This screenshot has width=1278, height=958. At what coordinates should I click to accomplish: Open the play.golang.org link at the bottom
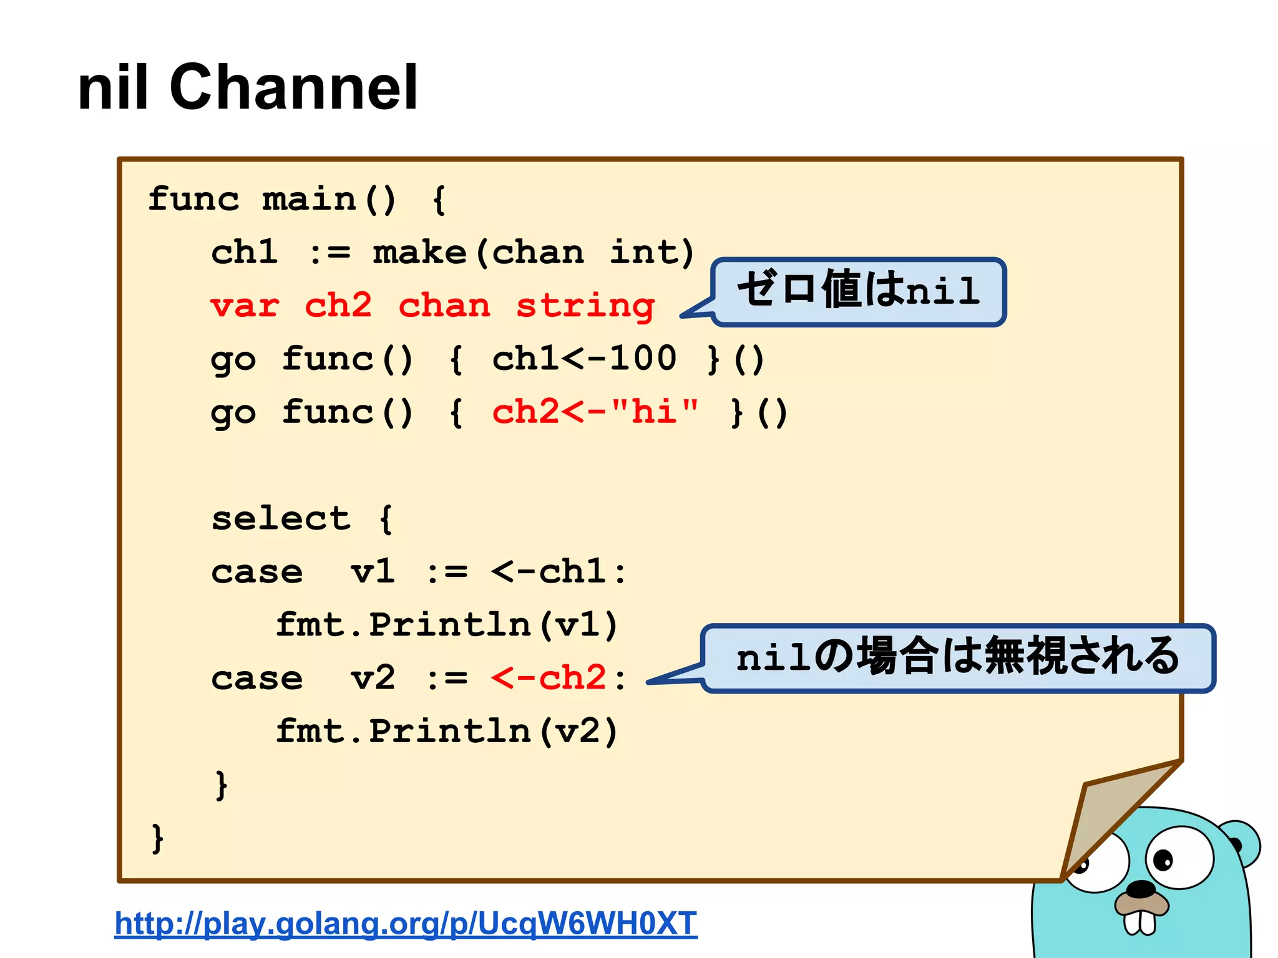pyautogui.click(x=406, y=923)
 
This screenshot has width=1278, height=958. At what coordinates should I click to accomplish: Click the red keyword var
pyautogui.click(x=244, y=306)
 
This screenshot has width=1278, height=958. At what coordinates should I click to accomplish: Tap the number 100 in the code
pyautogui.click(x=643, y=359)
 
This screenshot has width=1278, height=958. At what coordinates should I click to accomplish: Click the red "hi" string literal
pyautogui.click(x=655, y=412)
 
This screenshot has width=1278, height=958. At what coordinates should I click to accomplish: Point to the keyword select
pyautogui.click(x=281, y=518)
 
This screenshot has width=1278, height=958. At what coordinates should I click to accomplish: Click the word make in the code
pyautogui.click(x=419, y=253)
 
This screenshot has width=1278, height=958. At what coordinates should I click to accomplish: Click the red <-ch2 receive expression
pyautogui.click(x=549, y=678)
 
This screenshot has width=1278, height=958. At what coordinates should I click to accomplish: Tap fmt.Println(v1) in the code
pyautogui.click(x=447, y=625)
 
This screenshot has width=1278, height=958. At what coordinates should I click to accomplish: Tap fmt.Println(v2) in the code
pyautogui.click(x=447, y=731)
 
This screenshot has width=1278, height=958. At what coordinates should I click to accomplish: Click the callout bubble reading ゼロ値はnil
pyautogui.click(x=859, y=291)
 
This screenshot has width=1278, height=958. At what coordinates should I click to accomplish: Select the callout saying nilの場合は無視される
pyautogui.click(x=958, y=657)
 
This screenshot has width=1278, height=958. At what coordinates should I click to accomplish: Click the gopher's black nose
pyautogui.click(x=1143, y=888)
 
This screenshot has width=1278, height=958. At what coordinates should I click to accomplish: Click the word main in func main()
pyautogui.click(x=310, y=200)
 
